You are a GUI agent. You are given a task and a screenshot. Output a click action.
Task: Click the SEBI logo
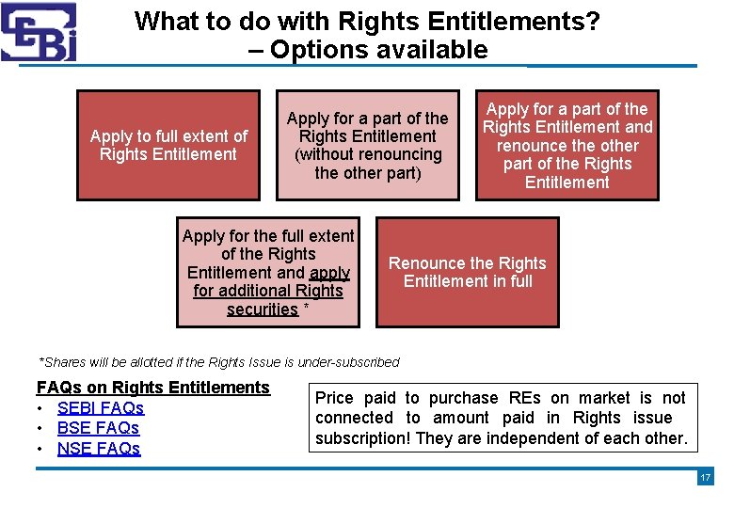pyautogui.click(x=39, y=31)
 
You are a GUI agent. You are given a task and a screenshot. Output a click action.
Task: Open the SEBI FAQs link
pyautogui.click(x=101, y=408)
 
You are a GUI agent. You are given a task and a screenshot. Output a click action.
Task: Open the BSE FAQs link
pyautogui.click(x=98, y=428)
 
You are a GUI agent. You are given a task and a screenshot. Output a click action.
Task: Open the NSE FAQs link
pyautogui.click(x=99, y=449)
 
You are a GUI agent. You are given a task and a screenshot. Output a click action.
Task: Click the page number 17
pyautogui.click(x=705, y=478)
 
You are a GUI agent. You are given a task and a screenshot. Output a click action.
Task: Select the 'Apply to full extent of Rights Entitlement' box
pyautogui.click(x=168, y=145)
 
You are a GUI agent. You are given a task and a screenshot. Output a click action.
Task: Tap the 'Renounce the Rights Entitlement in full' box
pyautogui.click(x=467, y=272)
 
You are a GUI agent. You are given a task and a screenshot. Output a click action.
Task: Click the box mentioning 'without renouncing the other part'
pyautogui.click(x=367, y=145)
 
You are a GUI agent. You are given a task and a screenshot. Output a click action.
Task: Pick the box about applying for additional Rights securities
pyautogui.click(x=268, y=272)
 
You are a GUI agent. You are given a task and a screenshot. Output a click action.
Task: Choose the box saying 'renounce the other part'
pyautogui.click(x=567, y=145)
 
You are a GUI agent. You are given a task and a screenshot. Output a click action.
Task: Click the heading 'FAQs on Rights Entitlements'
pyautogui.click(x=152, y=388)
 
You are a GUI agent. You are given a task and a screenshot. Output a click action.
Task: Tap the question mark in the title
pyautogui.click(x=593, y=21)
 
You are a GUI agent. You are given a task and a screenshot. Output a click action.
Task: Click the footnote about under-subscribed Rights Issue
pyautogui.click(x=218, y=362)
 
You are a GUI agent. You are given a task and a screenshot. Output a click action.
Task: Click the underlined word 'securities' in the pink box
pyautogui.click(x=263, y=310)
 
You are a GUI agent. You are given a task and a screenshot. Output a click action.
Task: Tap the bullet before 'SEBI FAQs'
pyautogui.click(x=42, y=408)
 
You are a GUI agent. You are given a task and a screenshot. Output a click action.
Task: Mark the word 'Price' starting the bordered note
pyautogui.click(x=335, y=398)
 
